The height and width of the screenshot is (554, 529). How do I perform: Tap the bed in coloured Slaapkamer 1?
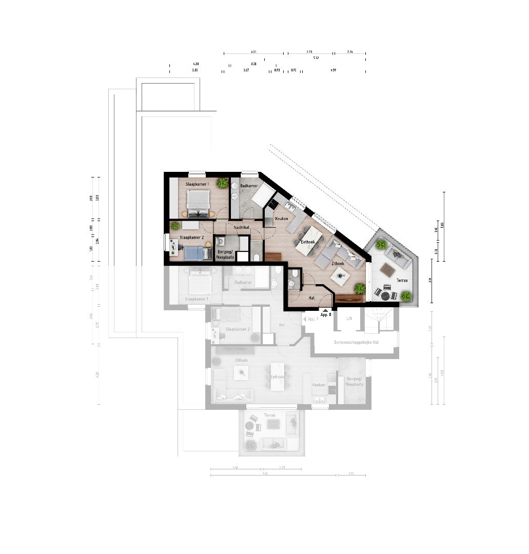coord(198,203)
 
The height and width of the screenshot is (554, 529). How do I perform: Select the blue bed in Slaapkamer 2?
coord(194,252)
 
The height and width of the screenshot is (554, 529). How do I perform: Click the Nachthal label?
coord(241,227)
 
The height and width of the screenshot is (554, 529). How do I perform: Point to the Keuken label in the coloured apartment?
coord(281,219)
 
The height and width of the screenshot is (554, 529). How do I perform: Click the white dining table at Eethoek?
coord(310,241)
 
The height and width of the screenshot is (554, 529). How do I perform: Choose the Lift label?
coord(349,319)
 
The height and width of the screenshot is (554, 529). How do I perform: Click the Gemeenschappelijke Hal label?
coord(356,342)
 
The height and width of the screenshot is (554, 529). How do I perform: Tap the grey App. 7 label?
coord(312,319)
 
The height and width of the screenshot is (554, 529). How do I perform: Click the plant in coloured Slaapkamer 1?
coord(222,183)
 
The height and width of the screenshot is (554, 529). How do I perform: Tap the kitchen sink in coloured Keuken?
coord(289,206)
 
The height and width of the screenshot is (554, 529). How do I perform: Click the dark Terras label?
coord(402,280)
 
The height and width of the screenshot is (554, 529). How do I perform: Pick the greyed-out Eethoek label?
coord(278,377)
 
